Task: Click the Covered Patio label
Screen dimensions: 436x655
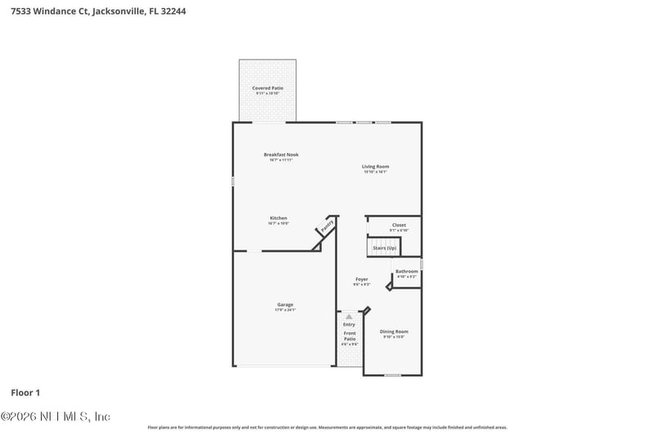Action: (267, 88)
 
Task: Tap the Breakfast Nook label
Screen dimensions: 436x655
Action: (281, 155)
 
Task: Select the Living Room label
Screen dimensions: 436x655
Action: (376, 167)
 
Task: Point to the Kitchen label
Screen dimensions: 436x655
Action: (278, 218)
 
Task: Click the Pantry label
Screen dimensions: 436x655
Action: (326, 225)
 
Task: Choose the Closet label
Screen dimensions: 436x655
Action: (399, 225)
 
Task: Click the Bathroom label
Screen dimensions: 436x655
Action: (407, 272)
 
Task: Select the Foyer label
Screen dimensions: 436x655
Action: (361, 280)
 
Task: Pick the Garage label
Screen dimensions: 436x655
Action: (285, 305)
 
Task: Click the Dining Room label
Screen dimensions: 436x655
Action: (394, 331)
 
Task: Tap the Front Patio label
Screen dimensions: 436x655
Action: (350, 336)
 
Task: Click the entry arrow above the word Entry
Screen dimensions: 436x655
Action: (350, 316)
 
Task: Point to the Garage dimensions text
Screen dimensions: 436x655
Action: (285, 310)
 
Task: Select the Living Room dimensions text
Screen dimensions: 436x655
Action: (376, 172)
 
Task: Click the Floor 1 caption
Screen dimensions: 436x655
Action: (25, 393)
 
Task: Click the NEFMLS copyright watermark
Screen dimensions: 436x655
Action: (55, 416)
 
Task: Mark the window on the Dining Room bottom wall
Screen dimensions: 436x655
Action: (393, 375)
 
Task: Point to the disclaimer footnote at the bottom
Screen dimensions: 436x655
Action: (327, 427)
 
